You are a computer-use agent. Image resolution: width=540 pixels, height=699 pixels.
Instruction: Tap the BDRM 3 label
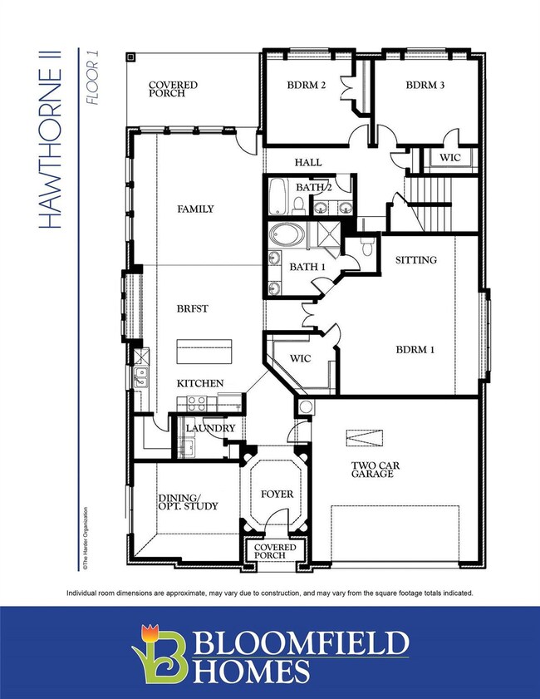point(427,86)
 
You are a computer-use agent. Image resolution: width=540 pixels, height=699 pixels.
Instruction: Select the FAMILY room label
point(195,209)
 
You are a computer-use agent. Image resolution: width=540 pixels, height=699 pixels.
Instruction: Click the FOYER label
point(277,494)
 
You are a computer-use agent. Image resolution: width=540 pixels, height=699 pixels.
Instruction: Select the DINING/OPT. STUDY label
point(189,502)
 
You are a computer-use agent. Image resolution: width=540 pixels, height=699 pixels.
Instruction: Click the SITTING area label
point(416,260)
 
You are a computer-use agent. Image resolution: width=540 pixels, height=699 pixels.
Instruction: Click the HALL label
point(307,163)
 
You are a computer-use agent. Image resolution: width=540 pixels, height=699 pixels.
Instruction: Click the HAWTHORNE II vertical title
point(52,139)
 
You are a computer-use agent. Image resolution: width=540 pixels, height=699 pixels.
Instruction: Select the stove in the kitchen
point(196,403)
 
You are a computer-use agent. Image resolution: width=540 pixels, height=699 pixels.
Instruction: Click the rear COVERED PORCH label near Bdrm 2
point(172,89)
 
